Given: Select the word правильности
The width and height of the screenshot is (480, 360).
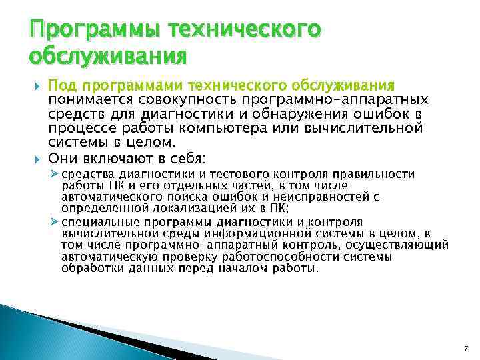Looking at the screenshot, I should pyautogui.click(x=378, y=175).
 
